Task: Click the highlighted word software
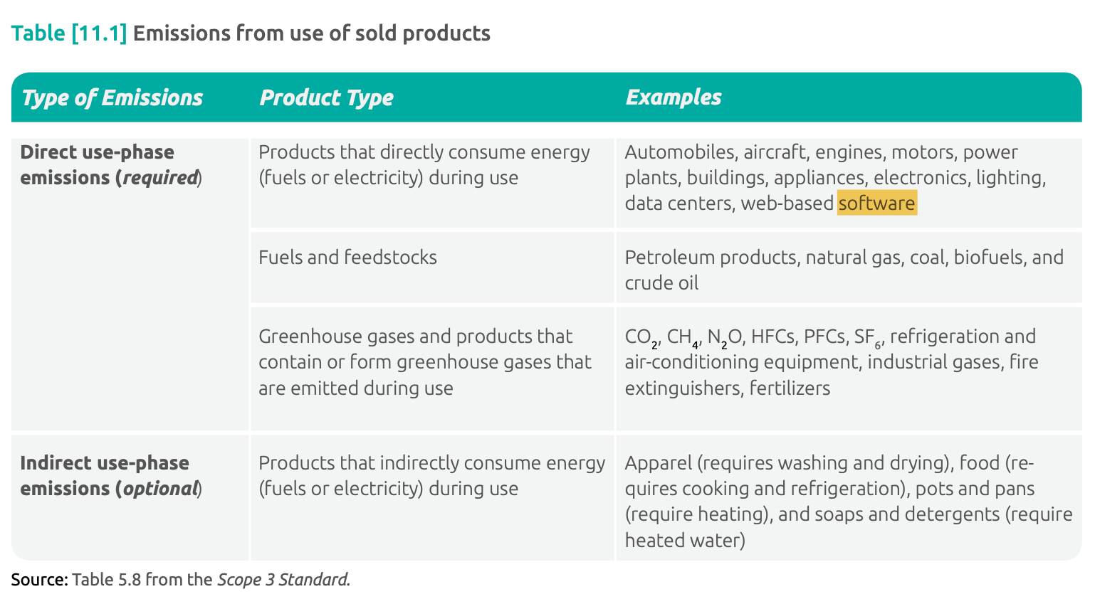876,203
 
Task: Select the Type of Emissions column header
112,97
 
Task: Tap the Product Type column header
327,97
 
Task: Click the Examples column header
674,97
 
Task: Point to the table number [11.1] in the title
99,33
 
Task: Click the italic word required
160,177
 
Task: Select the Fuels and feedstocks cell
347,257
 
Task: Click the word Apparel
659,463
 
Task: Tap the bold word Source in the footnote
40,580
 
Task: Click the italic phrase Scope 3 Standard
283,580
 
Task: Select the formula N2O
725,337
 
